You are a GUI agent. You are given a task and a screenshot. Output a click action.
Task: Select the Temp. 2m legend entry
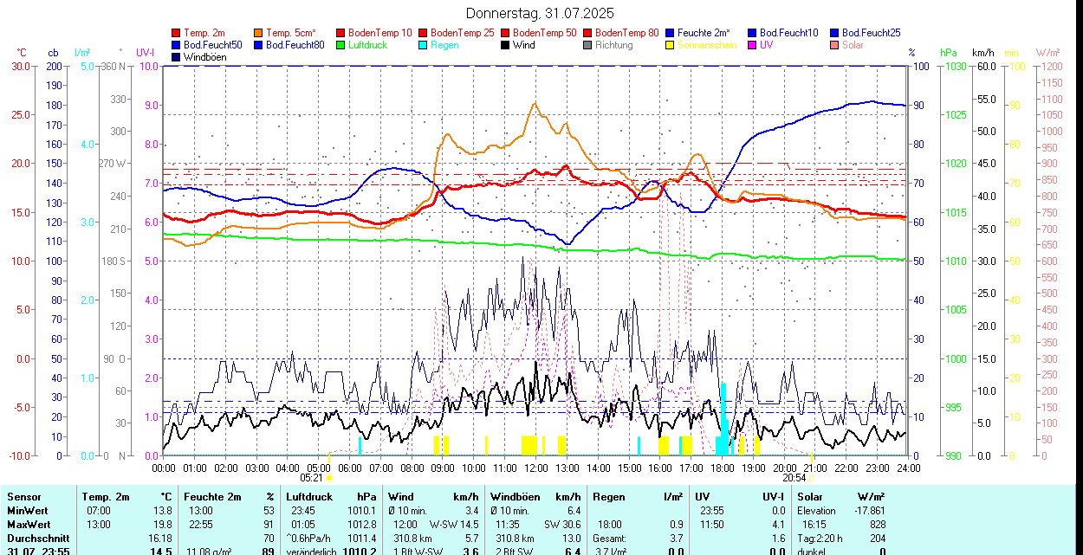click(x=204, y=33)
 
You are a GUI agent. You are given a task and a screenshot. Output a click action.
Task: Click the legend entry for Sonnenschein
click(x=707, y=45)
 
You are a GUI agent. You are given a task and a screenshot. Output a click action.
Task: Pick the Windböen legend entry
click(x=204, y=57)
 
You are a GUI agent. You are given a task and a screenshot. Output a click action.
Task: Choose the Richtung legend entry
click(x=613, y=45)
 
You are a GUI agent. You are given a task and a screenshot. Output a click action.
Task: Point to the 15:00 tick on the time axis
click(x=629, y=468)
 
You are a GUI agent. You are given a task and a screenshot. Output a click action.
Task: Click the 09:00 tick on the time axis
click(x=443, y=468)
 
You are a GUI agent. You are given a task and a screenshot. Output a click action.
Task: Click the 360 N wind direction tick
click(x=114, y=66)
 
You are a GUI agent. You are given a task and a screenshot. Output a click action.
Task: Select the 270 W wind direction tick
click(x=114, y=164)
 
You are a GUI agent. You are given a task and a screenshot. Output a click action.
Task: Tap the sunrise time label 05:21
click(x=312, y=477)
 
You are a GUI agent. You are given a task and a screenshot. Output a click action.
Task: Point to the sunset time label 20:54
click(x=794, y=477)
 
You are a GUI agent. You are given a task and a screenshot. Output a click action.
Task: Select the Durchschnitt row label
click(x=38, y=538)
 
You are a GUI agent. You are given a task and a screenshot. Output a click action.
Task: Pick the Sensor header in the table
click(x=24, y=497)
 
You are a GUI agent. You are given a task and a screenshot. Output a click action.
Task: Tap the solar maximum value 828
click(x=878, y=524)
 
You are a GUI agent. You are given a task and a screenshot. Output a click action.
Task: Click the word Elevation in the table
click(x=817, y=511)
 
